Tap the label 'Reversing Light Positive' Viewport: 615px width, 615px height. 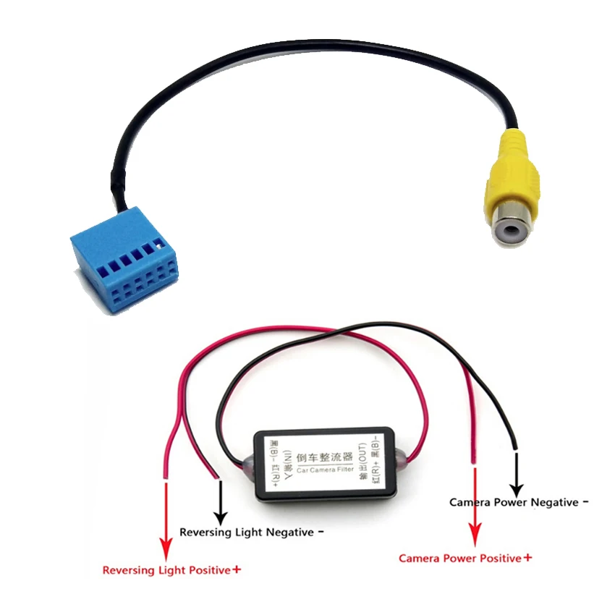click(166, 570)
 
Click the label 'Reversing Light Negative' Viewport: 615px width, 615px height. click(246, 533)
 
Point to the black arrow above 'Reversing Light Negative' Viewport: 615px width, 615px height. click(220, 503)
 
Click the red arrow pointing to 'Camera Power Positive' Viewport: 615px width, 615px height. click(475, 506)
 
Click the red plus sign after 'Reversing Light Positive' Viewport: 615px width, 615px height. click(237, 570)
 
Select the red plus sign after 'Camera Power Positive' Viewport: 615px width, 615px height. click(527, 558)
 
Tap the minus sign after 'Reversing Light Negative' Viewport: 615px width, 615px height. click(320, 533)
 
